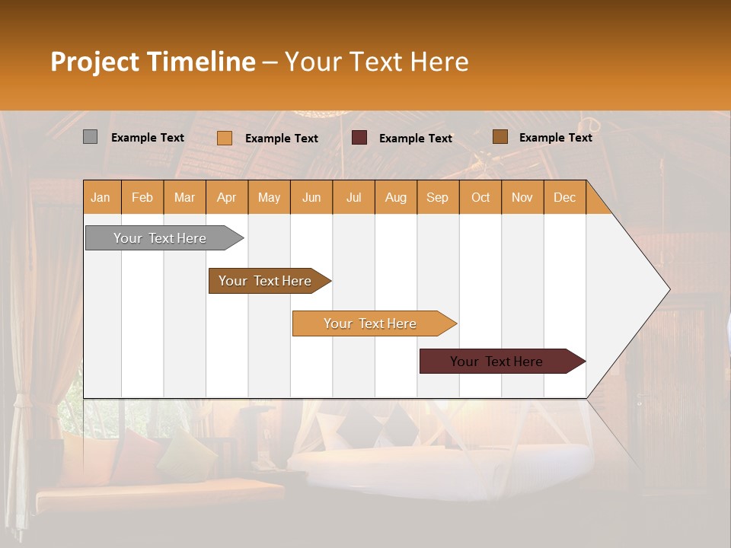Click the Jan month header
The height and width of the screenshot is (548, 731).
click(x=101, y=197)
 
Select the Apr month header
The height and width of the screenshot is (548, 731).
click(x=227, y=197)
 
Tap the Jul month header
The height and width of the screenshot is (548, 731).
click(x=353, y=197)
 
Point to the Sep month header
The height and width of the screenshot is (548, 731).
click(x=437, y=197)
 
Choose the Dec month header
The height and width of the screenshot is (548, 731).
click(x=564, y=197)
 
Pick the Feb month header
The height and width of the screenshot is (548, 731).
click(x=142, y=197)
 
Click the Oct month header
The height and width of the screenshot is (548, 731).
click(x=480, y=197)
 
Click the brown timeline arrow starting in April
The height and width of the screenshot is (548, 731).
click(x=267, y=281)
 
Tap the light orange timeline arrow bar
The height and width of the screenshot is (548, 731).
click(x=372, y=323)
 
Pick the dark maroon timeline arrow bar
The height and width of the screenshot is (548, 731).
click(x=499, y=362)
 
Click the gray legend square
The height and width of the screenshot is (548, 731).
click(x=90, y=137)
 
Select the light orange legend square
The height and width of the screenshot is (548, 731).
click(x=225, y=138)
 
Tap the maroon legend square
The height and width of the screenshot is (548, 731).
click(x=359, y=138)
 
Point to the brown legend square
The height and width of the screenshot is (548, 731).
click(x=500, y=137)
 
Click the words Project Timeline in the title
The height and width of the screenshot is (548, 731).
click(x=152, y=62)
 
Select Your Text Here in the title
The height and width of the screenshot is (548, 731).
click(x=376, y=62)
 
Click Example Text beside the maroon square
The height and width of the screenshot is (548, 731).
click(x=415, y=139)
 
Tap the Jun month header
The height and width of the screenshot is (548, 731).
click(x=311, y=197)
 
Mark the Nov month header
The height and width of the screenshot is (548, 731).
click(x=522, y=197)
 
